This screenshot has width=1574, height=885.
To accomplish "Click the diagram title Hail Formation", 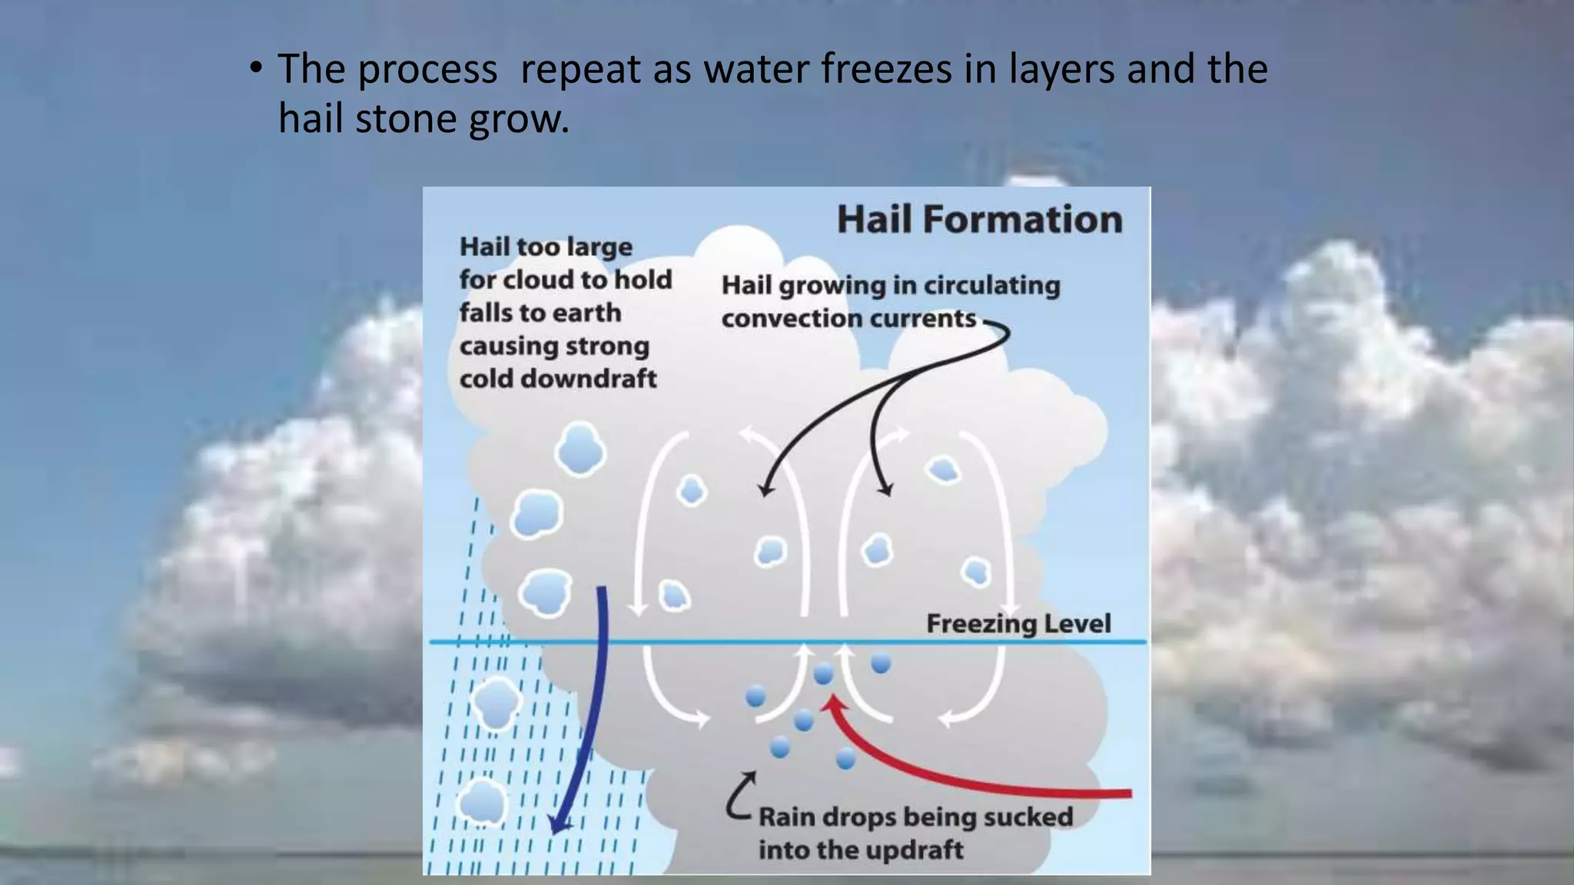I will [979, 219].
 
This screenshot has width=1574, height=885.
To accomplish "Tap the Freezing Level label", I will [1018, 623].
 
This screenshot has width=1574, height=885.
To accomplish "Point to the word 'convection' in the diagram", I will [780, 318].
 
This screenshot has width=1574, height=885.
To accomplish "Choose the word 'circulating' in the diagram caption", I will [991, 286].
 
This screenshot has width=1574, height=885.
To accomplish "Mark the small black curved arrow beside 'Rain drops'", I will [739, 796].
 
